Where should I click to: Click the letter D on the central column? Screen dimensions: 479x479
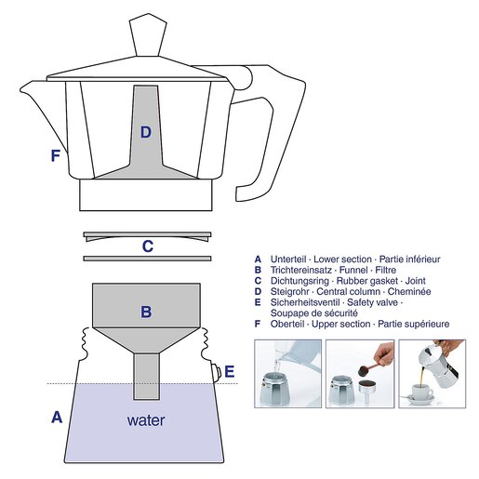coord(145,132)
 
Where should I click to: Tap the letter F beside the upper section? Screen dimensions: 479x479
coord(56,156)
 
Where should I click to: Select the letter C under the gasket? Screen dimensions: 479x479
coord(147,246)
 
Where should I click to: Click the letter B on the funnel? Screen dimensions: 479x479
coord(146,312)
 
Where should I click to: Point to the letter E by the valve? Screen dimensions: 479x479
coord(230,372)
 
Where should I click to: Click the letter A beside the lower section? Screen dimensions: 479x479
coord(57,418)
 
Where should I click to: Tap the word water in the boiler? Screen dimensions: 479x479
coord(146,420)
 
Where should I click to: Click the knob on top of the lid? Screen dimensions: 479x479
coord(146,35)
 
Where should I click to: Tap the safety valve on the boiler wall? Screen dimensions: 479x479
coord(217,372)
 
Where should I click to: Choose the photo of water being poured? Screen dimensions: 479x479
coord(287,374)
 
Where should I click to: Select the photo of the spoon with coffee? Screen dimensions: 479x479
coord(359,374)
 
